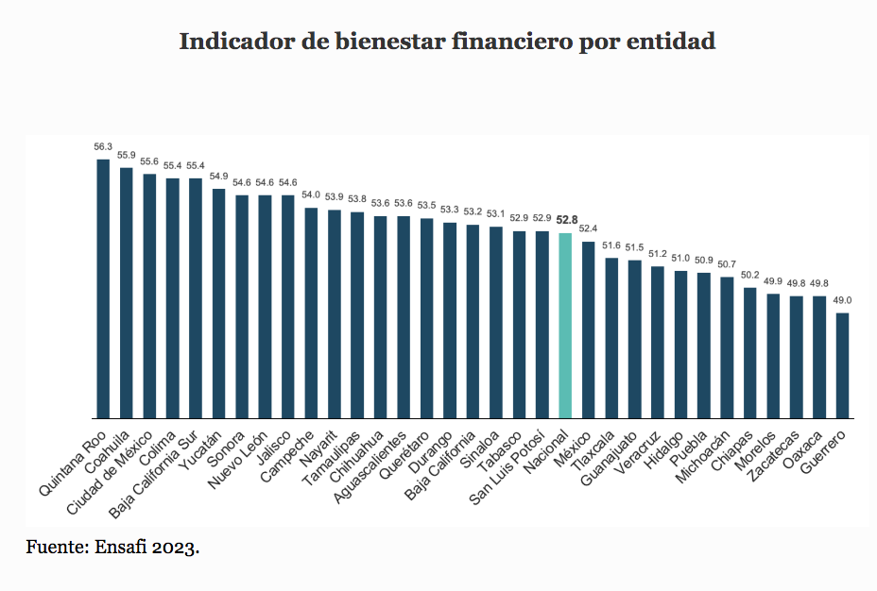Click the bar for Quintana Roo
coord(103,288)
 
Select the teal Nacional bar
coord(565,325)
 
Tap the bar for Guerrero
coord(842,364)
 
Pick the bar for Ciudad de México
coord(149,295)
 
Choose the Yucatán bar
coord(218,303)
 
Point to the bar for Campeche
coord(311,312)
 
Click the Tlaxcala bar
coord(611,337)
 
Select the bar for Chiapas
coord(749,352)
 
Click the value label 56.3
coord(103,147)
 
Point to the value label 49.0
coord(842,301)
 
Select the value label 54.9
coord(218,177)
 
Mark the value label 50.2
coord(749,276)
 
